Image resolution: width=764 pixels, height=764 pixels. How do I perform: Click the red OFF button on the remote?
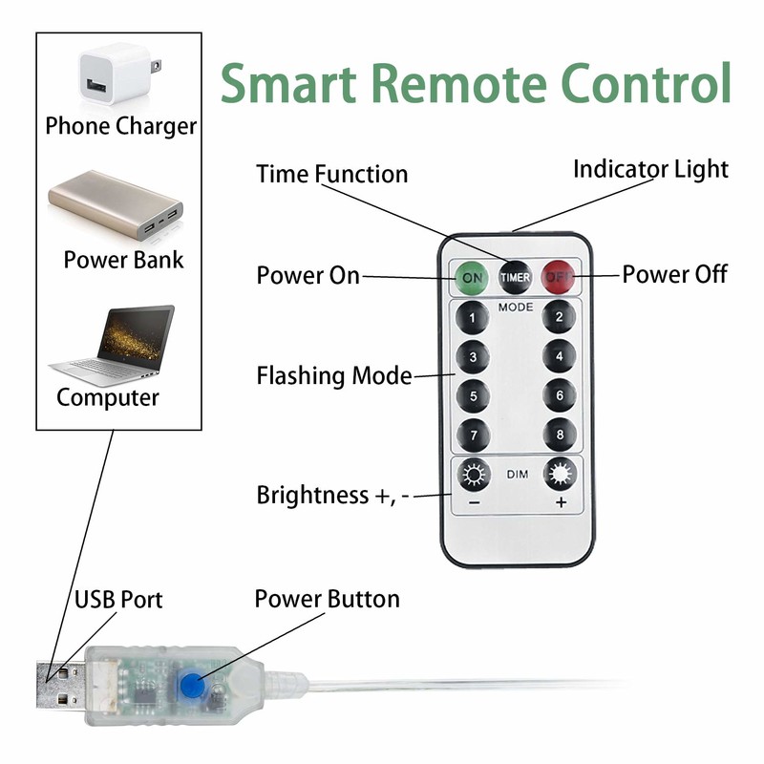tap(559, 277)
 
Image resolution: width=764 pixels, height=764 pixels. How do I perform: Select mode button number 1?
tap(472, 317)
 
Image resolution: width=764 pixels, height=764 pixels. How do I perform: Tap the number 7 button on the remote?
tap(472, 435)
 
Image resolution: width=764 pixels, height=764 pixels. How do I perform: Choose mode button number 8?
tap(560, 435)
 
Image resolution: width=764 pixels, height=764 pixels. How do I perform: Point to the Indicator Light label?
tap(650, 169)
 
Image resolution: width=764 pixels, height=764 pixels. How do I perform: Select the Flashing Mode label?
tap(333, 375)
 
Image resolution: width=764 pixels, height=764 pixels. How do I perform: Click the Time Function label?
tap(331, 174)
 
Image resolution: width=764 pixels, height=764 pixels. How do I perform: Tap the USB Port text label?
tap(118, 600)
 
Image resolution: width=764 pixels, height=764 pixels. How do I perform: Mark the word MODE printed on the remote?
tap(516, 308)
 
